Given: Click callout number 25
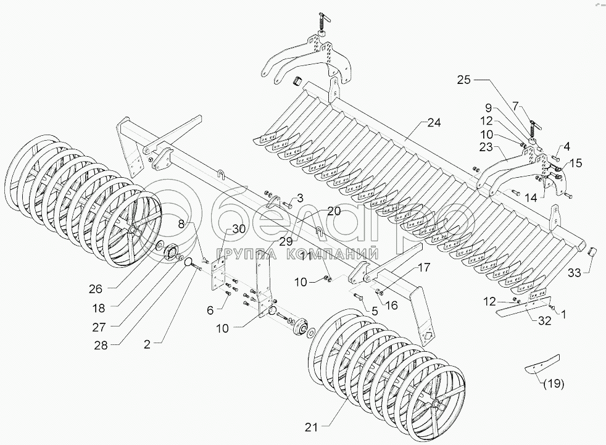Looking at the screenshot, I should pos(464,80).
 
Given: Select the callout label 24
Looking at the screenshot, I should pos(434,123).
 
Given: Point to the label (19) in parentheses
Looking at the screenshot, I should pos(554,384).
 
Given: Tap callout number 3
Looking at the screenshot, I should pos(300,198).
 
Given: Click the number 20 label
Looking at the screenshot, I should pos(334,210).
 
